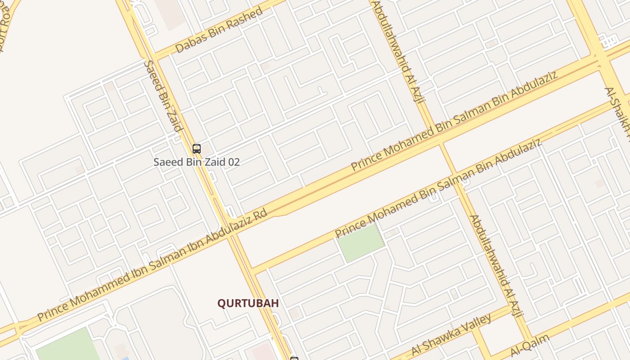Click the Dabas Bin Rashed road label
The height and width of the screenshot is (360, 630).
coord(219,30)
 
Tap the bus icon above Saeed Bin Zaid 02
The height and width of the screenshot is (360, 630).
coord(196,148)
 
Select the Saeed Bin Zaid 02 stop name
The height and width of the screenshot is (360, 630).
coord(196,162)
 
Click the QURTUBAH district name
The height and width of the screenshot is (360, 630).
coord(248,303)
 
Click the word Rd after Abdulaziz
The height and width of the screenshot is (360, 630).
coord(260,215)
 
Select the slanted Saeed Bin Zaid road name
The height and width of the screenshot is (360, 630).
coord(163,96)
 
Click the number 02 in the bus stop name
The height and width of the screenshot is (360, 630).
coord(234,162)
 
